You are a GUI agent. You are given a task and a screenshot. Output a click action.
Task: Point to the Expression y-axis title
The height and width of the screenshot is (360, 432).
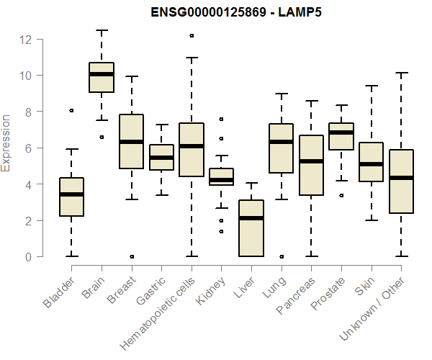tap(6, 143)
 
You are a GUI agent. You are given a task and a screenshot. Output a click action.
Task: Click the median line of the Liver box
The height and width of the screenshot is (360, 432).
tap(251, 217)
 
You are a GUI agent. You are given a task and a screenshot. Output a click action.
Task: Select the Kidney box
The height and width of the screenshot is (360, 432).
tap(221, 177)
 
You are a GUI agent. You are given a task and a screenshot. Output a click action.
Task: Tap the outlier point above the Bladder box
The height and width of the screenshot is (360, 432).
tap(71, 110)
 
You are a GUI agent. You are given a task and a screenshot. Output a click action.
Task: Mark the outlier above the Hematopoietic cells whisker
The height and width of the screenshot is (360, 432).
tap(192, 35)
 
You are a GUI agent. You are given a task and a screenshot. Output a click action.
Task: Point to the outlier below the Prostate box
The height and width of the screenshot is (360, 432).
tap(341, 195)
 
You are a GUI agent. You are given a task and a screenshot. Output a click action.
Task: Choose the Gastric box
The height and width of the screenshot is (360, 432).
tap(161, 157)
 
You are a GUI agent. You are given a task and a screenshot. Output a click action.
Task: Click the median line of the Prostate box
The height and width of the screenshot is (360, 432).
tap(341, 132)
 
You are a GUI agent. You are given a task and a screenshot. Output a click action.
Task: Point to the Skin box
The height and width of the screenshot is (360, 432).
tap(371, 162)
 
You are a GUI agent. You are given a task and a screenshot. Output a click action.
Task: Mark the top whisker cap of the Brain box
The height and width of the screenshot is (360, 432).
tap(102, 30)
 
